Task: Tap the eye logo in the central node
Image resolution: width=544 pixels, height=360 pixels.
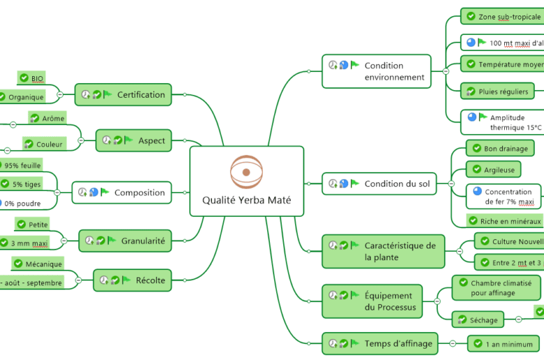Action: (245, 172)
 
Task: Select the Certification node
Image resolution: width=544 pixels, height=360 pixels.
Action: (123, 95)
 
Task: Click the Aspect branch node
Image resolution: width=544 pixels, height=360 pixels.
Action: (134, 140)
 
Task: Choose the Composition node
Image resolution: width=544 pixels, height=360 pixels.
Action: (122, 193)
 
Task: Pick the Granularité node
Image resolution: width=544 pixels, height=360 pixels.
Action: (125, 241)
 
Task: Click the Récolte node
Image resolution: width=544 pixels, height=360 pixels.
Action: (133, 280)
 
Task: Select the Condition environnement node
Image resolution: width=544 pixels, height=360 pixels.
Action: (377, 71)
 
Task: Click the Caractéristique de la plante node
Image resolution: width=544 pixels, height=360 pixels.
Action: (383, 251)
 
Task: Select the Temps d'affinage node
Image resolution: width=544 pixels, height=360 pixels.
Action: (380, 343)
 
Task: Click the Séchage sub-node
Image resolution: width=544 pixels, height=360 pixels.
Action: (478, 320)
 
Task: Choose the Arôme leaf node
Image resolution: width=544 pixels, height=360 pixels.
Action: (47, 119)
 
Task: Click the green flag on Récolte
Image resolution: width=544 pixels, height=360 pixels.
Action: (126, 280)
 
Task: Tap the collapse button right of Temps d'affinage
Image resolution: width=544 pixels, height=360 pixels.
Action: (452, 343)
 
